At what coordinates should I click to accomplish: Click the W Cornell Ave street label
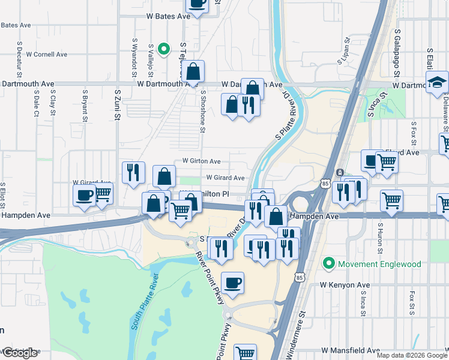(x=44, y=54)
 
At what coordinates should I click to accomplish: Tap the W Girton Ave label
(x=202, y=161)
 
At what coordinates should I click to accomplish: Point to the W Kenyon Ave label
(x=345, y=284)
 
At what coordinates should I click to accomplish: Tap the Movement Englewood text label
(x=376, y=263)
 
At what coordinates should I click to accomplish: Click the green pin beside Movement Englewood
(x=328, y=263)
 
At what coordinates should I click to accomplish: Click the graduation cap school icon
(x=438, y=82)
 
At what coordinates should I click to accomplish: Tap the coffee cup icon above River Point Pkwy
(x=232, y=283)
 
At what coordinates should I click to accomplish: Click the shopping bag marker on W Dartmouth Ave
(x=193, y=72)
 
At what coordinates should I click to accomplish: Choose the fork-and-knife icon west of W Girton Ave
(x=133, y=172)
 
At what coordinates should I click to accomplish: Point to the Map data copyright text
(x=412, y=355)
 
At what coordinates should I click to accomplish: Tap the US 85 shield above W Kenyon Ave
(x=300, y=277)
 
